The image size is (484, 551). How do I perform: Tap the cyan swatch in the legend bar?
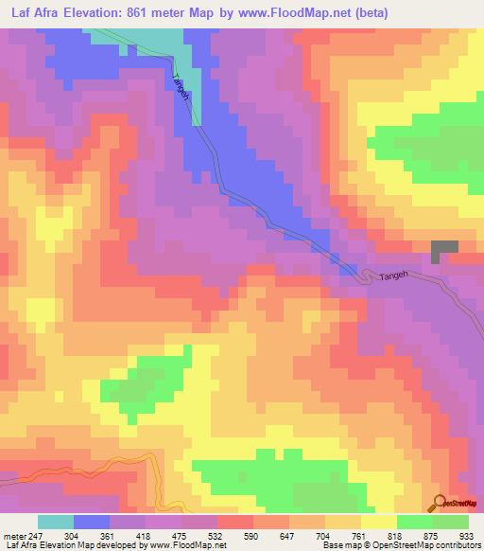[x=56, y=522]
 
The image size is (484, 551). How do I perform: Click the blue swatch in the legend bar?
[x=92, y=522]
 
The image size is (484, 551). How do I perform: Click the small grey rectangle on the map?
[x=444, y=251]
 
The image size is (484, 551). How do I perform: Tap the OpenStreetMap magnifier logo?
[x=440, y=503]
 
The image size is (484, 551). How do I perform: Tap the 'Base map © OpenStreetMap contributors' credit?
[x=402, y=544]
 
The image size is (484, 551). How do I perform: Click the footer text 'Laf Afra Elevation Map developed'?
[x=71, y=544]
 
